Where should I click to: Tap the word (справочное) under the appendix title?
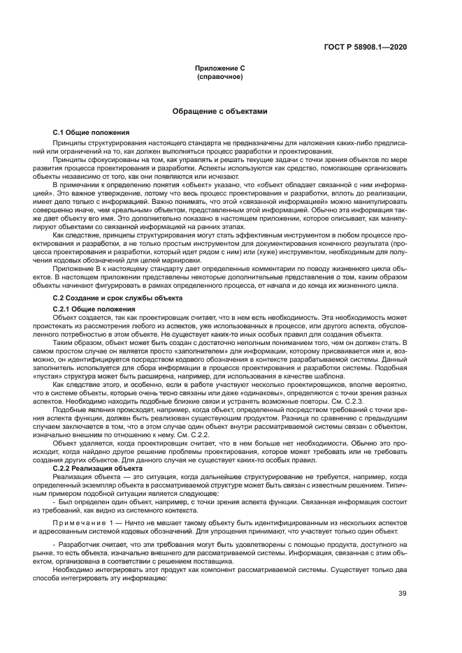(219, 76)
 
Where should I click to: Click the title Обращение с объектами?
(219, 111)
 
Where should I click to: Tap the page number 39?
(403, 594)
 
